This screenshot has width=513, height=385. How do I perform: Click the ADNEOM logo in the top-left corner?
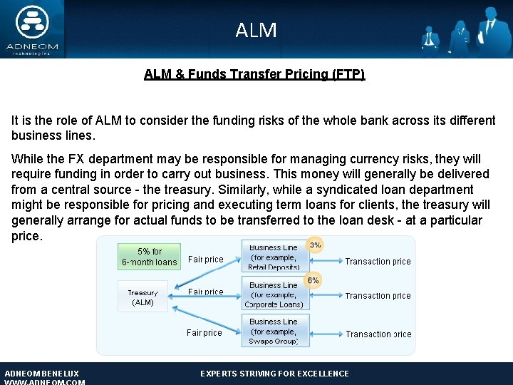[x=31, y=29]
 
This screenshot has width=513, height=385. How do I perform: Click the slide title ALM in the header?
[x=256, y=30]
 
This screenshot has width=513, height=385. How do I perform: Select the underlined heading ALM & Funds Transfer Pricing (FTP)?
[x=254, y=74]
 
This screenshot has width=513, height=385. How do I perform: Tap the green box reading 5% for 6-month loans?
[x=150, y=257]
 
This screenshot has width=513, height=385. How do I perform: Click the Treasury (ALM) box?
[x=142, y=297]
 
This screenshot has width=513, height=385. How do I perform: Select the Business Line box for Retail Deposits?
[x=274, y=257]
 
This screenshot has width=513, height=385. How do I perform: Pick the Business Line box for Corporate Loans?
[x=274, y=294]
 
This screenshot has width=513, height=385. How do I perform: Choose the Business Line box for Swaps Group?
[x=274, y=332]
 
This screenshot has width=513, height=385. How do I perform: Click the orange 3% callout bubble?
[x=314, y=245]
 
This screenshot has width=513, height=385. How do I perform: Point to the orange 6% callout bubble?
[x=313, y=281]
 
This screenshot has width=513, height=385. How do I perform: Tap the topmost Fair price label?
[x=206, y=260]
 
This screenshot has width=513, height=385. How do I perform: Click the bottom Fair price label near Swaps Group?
[x=204, y=332]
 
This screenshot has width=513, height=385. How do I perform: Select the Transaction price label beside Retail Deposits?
[x=378, y=262]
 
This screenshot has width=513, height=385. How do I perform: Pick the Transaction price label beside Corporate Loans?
[x=378, y=296]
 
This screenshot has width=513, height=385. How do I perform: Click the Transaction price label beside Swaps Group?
[x=378, y=334]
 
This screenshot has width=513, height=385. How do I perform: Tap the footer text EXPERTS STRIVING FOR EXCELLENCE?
[x=274, y=374]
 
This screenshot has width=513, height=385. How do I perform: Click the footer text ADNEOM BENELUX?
[x=41, y=374]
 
